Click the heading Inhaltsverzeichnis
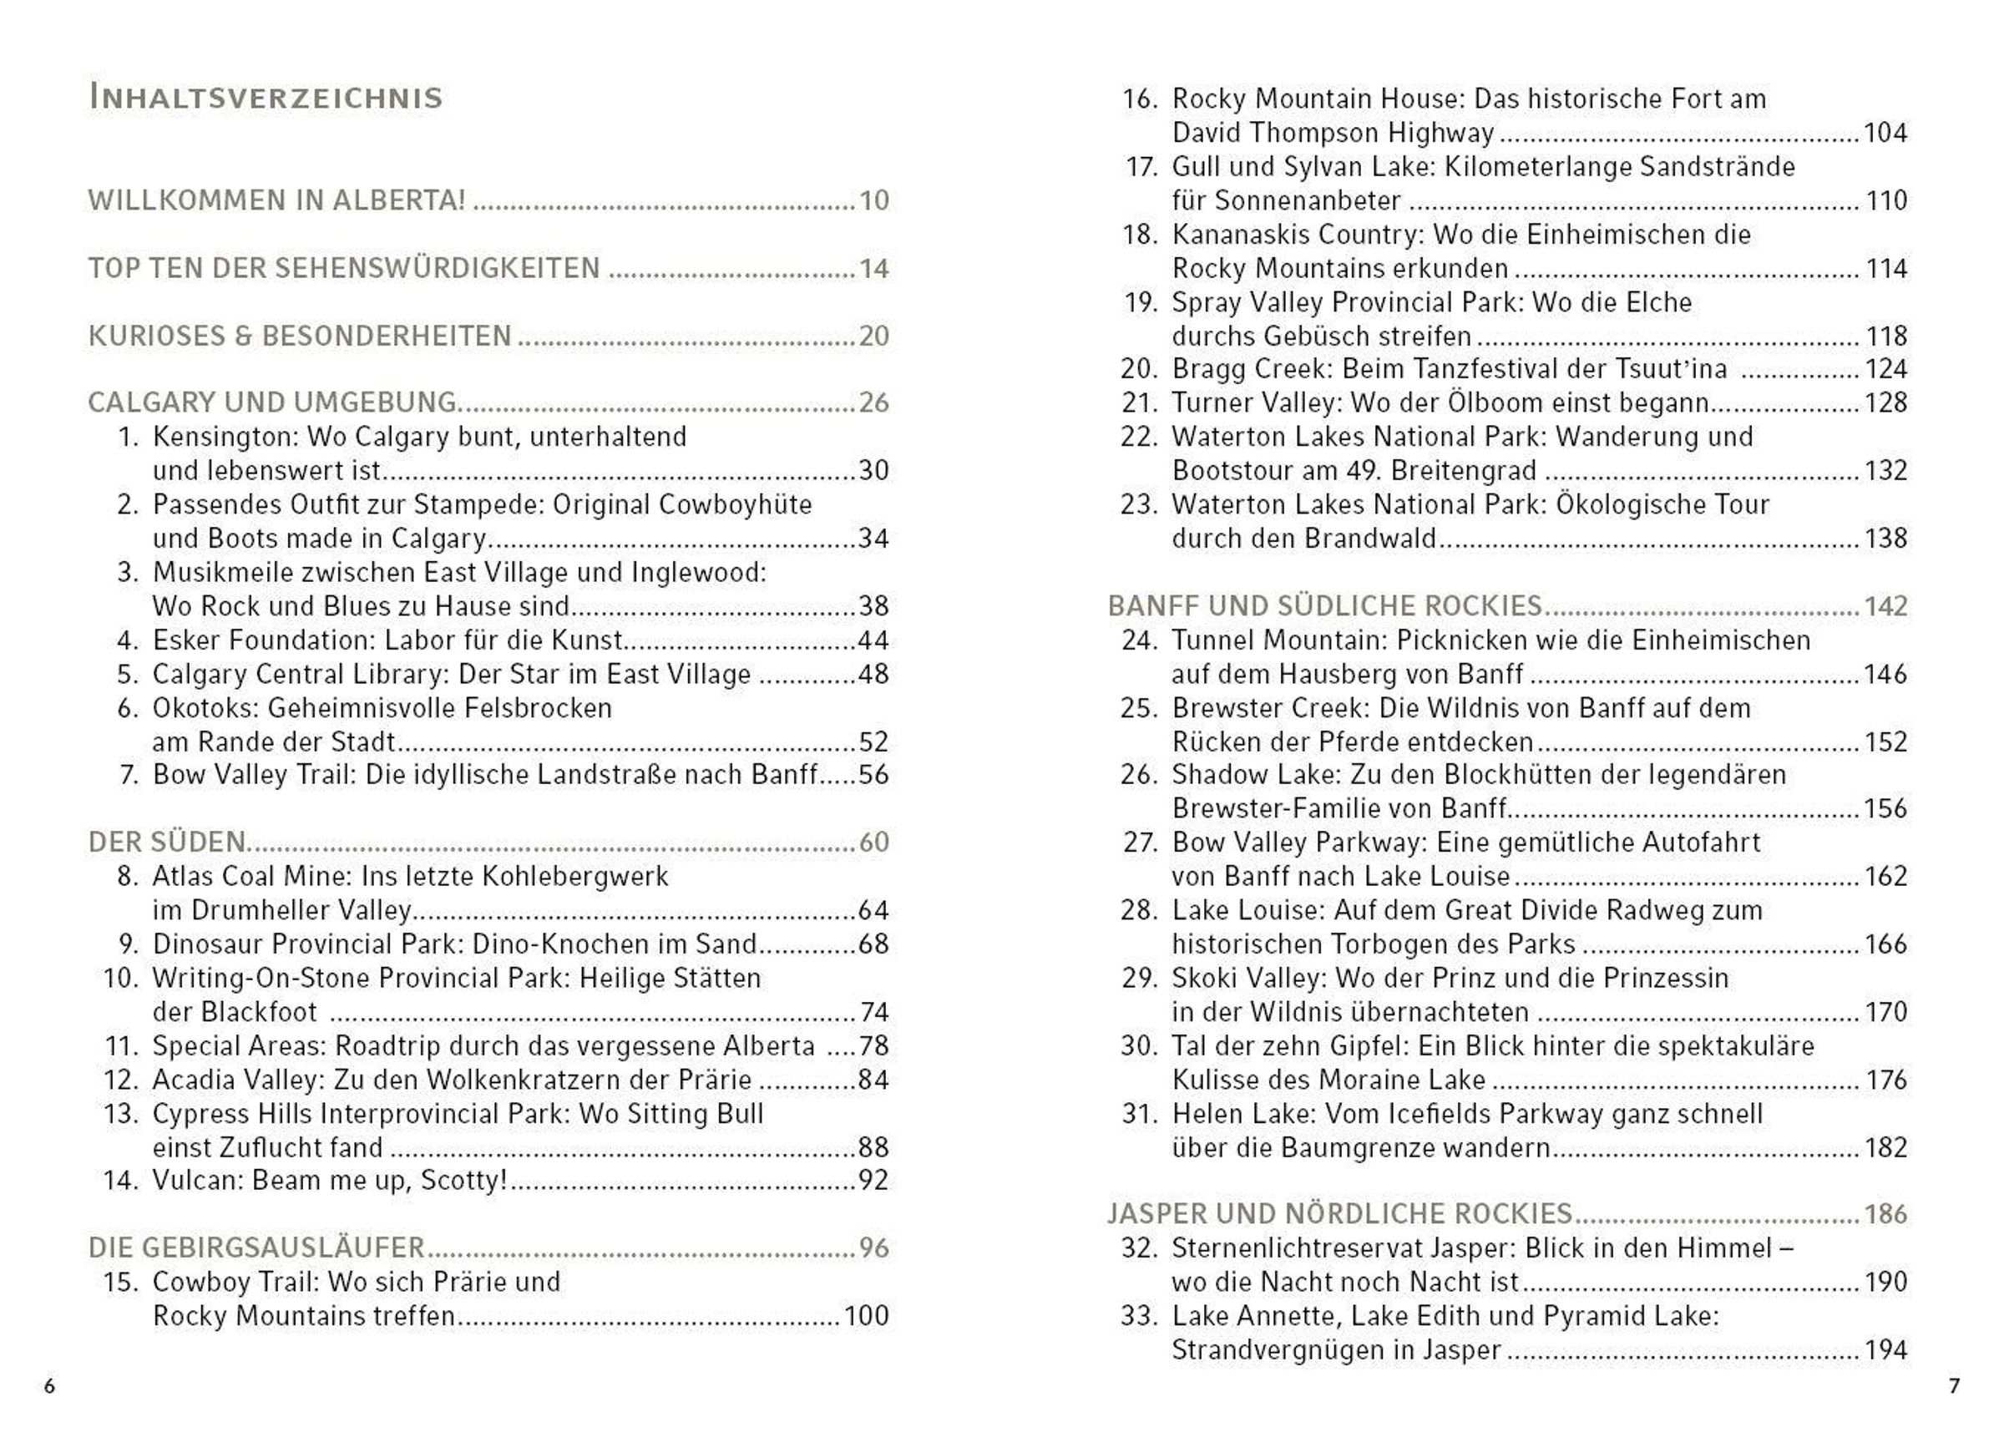[x=265, y=97]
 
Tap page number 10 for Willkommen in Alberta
[x=873, y=200]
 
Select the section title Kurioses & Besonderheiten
[x=300, y=336]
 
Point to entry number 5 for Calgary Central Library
[x=128, y=675]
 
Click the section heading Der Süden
[x=166, y=842]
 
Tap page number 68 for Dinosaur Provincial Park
[x=873, y=944]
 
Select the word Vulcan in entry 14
[x=197, y=1181]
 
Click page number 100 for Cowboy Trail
[x=865, y=1316]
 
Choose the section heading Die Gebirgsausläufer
[x=256, y=1247]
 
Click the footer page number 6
[x=49, y=1386]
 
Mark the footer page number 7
[x=1955, y=1386]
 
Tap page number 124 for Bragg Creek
[x=1885, y=369]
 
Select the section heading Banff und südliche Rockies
[x=1324, y=606]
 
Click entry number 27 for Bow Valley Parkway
[x=1140, y=842]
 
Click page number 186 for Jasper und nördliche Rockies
[x=1885, y=1214]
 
